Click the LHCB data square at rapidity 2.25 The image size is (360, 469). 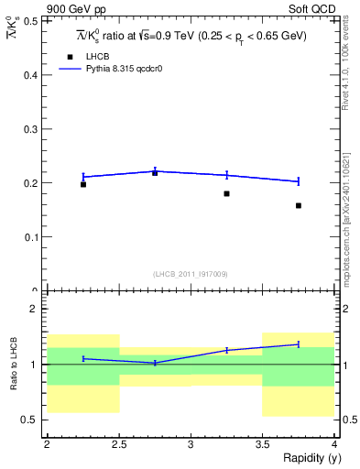[x=83, y=184]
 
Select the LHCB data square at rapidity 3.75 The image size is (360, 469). [x=299, y=205]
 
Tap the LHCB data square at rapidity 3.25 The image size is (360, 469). [x=226, y=193]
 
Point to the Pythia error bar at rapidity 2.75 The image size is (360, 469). [x=155, y=170]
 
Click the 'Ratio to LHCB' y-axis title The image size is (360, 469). [x=14, y=365]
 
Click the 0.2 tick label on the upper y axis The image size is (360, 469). [x=34, y=183]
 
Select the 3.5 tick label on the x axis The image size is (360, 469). [x=262, y=444]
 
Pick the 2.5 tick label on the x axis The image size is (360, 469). [x=119, y=444]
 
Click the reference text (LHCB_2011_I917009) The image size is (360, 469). [x=190, y=273]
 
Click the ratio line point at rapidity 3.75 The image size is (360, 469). [x=299, y=344]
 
